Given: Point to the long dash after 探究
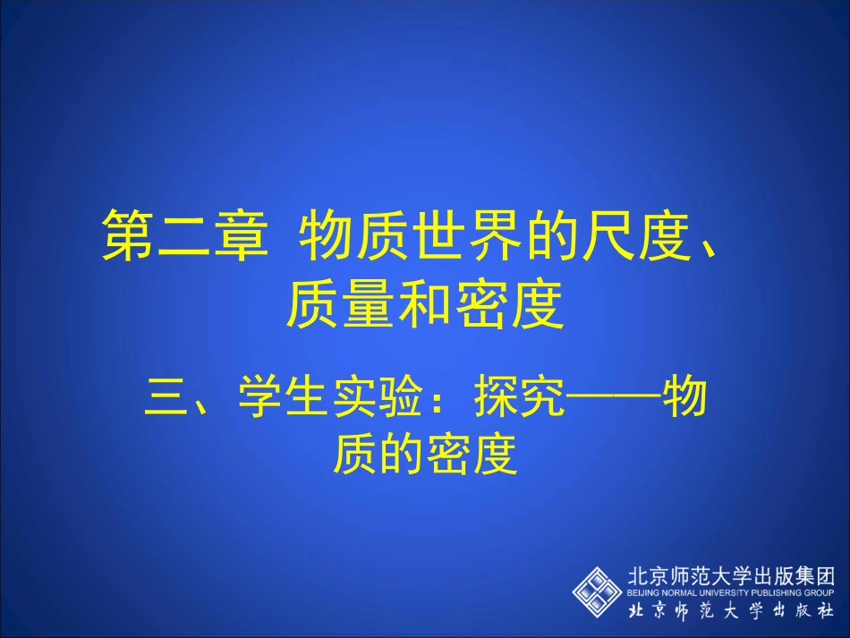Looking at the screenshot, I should [x=615, y=399].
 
